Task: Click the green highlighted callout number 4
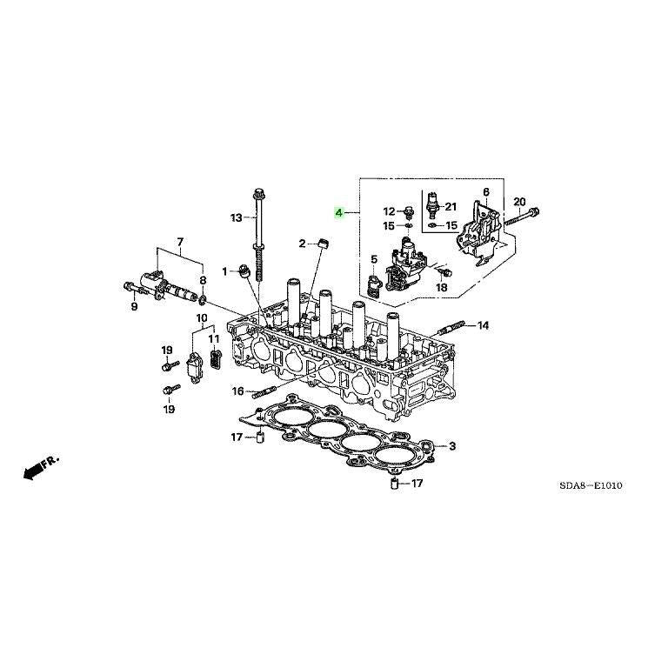click(340, 211)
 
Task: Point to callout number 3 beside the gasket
click(452, 447)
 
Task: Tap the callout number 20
click(520, 202)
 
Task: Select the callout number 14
click(483, 325)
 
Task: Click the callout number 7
click(180, 241)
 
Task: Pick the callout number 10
click(201, 317)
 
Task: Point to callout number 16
click(237, 392)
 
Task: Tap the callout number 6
click(486, 192)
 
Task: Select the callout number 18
click(442, 287)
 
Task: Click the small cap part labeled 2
click(324, 242)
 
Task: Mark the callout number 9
click(135, 306)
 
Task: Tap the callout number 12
click(390, 211)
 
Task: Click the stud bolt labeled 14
click(456, 328)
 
